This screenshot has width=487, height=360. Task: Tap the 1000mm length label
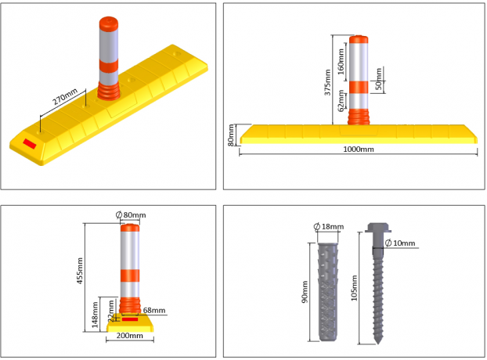click(359, 149)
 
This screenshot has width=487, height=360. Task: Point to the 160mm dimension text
click(341, 58)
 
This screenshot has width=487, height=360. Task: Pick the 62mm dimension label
click(341, 103)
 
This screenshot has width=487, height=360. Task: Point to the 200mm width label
click(129, 337)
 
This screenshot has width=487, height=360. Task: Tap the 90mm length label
click(305, 291)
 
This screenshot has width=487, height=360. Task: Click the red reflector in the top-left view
click(31, 143)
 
